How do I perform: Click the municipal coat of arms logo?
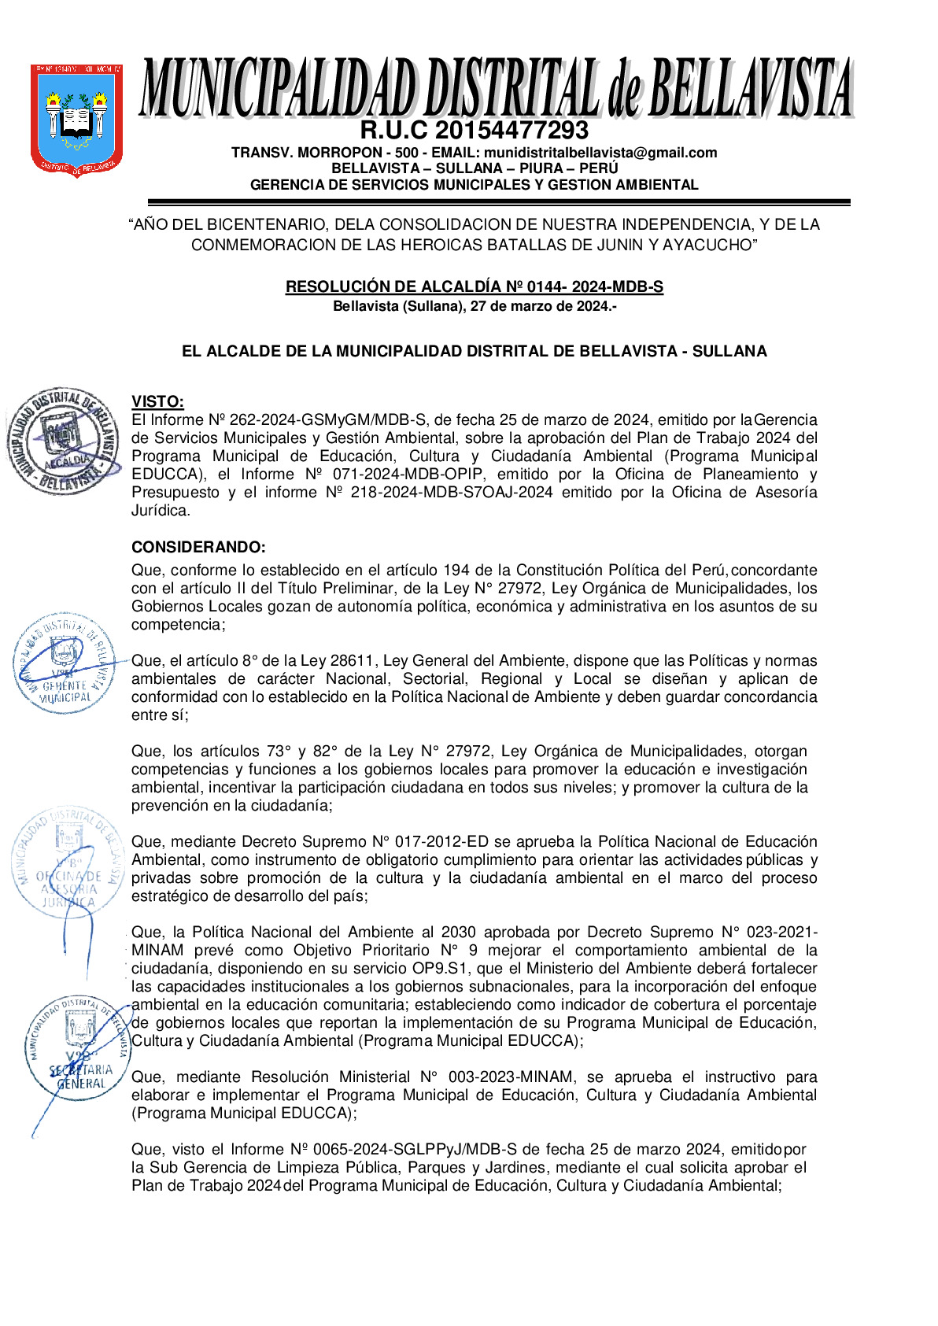76,119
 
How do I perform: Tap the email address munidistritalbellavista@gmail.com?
600,153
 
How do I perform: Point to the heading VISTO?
157,402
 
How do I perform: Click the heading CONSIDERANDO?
198,547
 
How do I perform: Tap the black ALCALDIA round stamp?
63,441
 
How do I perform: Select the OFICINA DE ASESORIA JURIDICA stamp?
68,862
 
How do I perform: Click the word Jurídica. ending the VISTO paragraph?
161,511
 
